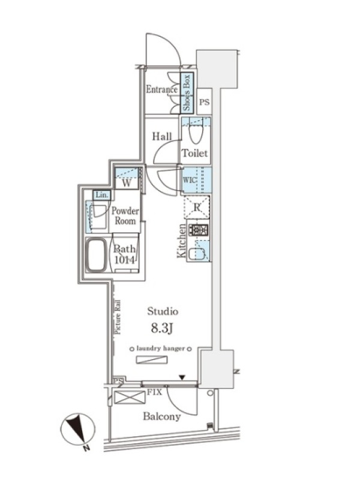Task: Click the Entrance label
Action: click(x=161, y=89)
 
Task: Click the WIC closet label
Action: click(x=190, y=179)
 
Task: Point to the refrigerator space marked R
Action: click(x=197, y=207)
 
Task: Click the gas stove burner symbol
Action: click(x=199, y=230)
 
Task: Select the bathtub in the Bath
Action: click(x=97, y=254)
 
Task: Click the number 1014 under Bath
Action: click(x=124, y=260)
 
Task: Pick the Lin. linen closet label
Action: click(x=101, y=195)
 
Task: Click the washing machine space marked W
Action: click(x=127, y=183)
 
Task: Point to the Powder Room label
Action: click(x=125, y=216)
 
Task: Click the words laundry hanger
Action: click(x=161, y=349)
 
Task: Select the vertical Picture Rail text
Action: click(x=118, y=317)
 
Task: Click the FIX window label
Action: click(x=155, y=392)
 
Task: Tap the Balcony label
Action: click(x=161, y=416)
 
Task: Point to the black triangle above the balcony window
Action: click(x=182, y=378)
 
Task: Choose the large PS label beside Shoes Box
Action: click(x=205, y=102)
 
